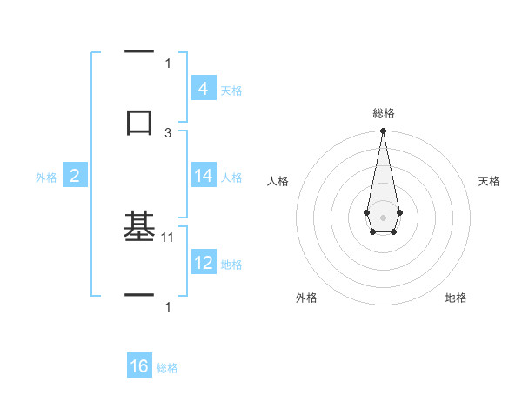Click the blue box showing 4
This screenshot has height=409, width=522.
coord(203,88)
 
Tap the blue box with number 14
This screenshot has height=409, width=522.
coord(203,176)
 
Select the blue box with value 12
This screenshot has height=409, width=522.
coord(203,263)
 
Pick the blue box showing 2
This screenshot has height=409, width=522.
coord(75,176)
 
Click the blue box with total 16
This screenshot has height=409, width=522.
coord(139,366)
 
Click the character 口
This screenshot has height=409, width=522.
coord(139,121)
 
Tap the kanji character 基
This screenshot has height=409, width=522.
coord(139,227)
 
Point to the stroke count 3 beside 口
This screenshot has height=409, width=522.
coord(168,132)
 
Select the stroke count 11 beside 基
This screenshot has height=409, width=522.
coord(168,236)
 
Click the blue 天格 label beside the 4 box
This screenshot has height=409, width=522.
coord(231,91)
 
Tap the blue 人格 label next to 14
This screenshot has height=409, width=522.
coord(231,178)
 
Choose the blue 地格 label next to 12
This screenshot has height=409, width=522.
coord(231,265)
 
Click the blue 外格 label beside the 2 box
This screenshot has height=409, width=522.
coord(46,178)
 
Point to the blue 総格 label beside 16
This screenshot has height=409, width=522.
coord(167,368)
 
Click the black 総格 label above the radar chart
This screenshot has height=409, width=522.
coord(384,113)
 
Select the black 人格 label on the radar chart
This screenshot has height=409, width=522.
coord(278,181)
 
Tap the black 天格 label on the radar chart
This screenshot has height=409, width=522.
coord(490,181)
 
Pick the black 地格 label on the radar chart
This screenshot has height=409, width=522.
coord(456,298)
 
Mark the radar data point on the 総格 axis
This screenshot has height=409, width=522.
coord(383,131)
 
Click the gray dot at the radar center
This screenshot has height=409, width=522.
coord(383,216)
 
